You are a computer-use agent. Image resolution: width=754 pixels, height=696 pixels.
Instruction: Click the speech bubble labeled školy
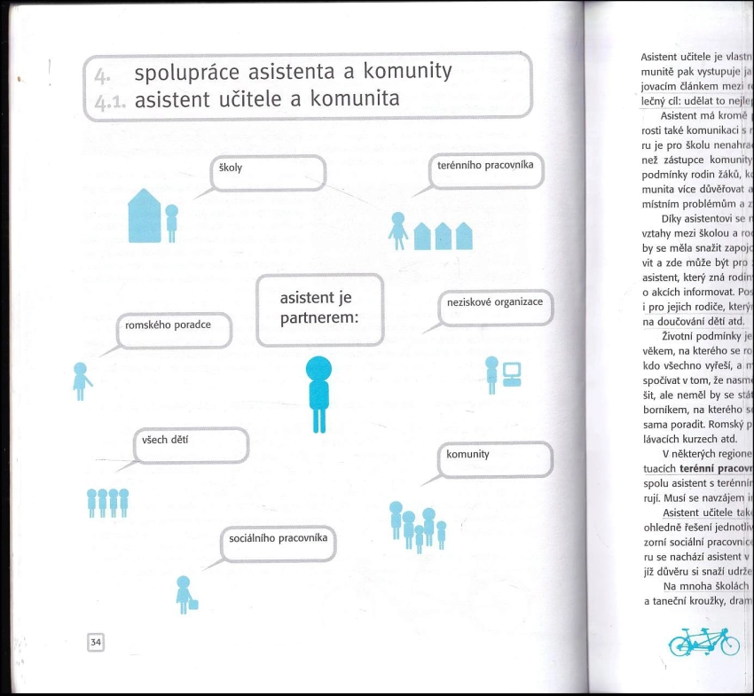point(268,173)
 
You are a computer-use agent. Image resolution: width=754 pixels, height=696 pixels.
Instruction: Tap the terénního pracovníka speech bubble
point(486,171)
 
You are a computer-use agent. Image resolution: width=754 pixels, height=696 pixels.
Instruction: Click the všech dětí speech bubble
point(192,444)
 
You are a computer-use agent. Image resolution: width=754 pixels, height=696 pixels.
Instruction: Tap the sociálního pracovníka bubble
point(278,543)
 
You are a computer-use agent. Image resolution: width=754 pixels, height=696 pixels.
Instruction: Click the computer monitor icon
point(511,372)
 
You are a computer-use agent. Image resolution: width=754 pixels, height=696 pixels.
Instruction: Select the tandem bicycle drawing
point(703,640)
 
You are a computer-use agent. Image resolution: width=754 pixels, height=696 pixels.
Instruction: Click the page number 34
point(96,641)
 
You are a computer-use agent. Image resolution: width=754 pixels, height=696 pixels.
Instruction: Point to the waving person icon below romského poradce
point(81,380)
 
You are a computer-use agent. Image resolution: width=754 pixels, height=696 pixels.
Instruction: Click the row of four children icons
point(107,503)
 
